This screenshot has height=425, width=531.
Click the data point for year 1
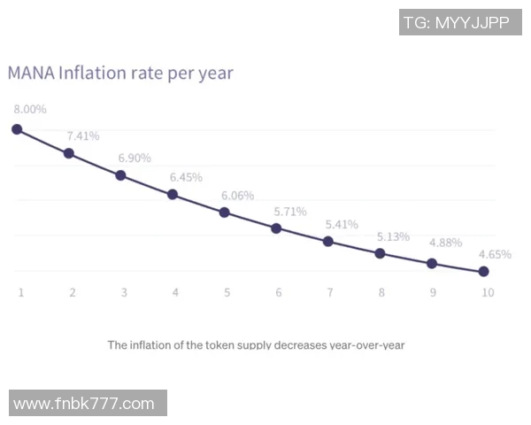point(17,129)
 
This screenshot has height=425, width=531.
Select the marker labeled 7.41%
point(69,153)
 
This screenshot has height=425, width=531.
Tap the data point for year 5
point(225,212)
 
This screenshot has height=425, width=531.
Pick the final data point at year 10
point(483,272)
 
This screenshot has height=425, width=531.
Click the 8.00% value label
point(29,109)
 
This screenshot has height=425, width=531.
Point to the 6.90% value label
point(135,158)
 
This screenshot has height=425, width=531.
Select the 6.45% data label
point(186,177)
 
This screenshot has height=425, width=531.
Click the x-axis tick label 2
point(72,292)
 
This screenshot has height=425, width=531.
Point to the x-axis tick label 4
point(175,292)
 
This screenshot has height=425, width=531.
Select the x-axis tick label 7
point(330,292)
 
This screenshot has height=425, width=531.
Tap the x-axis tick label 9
point(433,292)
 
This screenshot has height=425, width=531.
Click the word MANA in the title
point(30,73)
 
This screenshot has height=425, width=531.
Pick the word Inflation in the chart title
point(92,73)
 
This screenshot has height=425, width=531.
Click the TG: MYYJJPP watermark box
point(460,23)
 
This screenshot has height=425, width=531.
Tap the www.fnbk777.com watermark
point(88,404)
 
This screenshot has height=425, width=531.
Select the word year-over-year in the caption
point(366,344)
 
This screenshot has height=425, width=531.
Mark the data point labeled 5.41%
point(328,241)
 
